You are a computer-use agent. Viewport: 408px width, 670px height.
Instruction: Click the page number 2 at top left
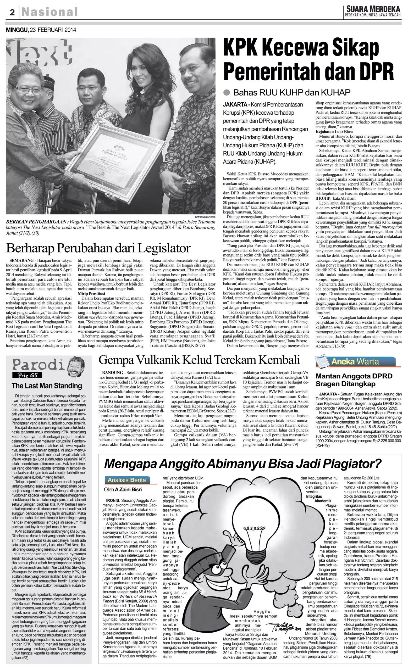12,12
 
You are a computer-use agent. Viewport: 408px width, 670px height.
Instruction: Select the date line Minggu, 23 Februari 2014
41,30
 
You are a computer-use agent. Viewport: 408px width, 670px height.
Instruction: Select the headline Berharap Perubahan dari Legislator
98,248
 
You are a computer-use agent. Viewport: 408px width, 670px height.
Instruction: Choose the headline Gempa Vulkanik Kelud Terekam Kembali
199,360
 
